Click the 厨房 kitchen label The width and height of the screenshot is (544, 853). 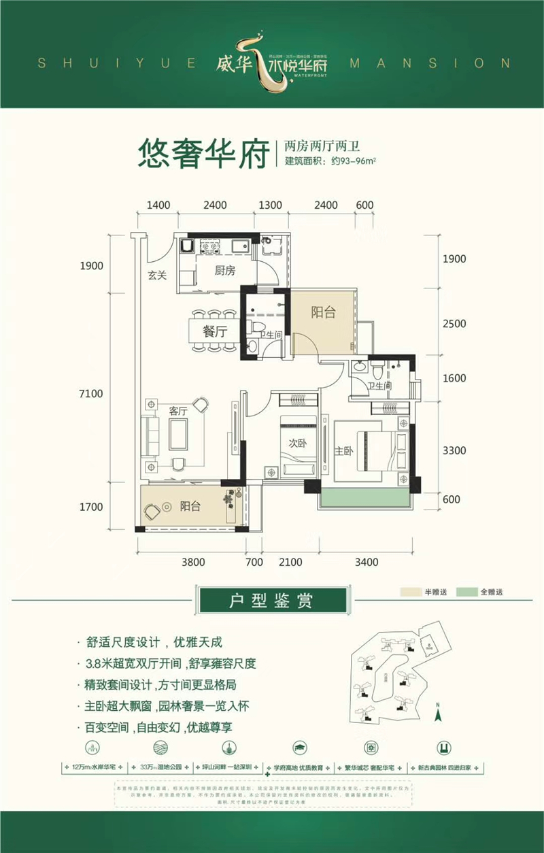coord(224,271)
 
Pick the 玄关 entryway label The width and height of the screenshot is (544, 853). coord(158,275)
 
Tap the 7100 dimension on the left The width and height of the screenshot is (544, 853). coord(90,394)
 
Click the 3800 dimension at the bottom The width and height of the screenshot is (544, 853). coord(193,562)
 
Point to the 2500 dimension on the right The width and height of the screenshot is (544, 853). coord(454,324)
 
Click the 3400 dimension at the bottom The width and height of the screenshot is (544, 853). coord(366,562)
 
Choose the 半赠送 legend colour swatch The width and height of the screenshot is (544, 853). coord(411,592)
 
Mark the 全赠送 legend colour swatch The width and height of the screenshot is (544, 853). coord(466,592)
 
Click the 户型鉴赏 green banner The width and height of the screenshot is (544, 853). coord(271,601)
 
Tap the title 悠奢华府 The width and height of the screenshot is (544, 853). coord(201,155)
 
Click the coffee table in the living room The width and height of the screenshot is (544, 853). coord(180,435)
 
